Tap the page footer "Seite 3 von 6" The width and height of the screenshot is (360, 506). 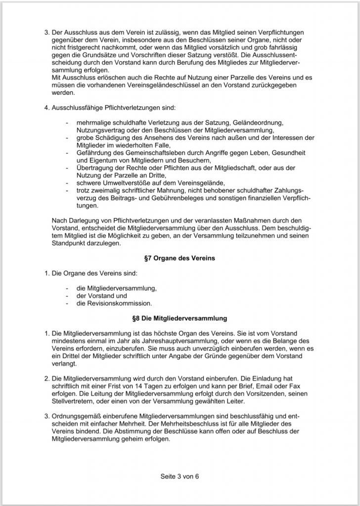pos(180,477)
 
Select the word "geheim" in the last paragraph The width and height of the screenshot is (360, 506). pos(140,437)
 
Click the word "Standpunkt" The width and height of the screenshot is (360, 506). pos(70,243)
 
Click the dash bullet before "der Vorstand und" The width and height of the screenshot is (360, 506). pos(67,295)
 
